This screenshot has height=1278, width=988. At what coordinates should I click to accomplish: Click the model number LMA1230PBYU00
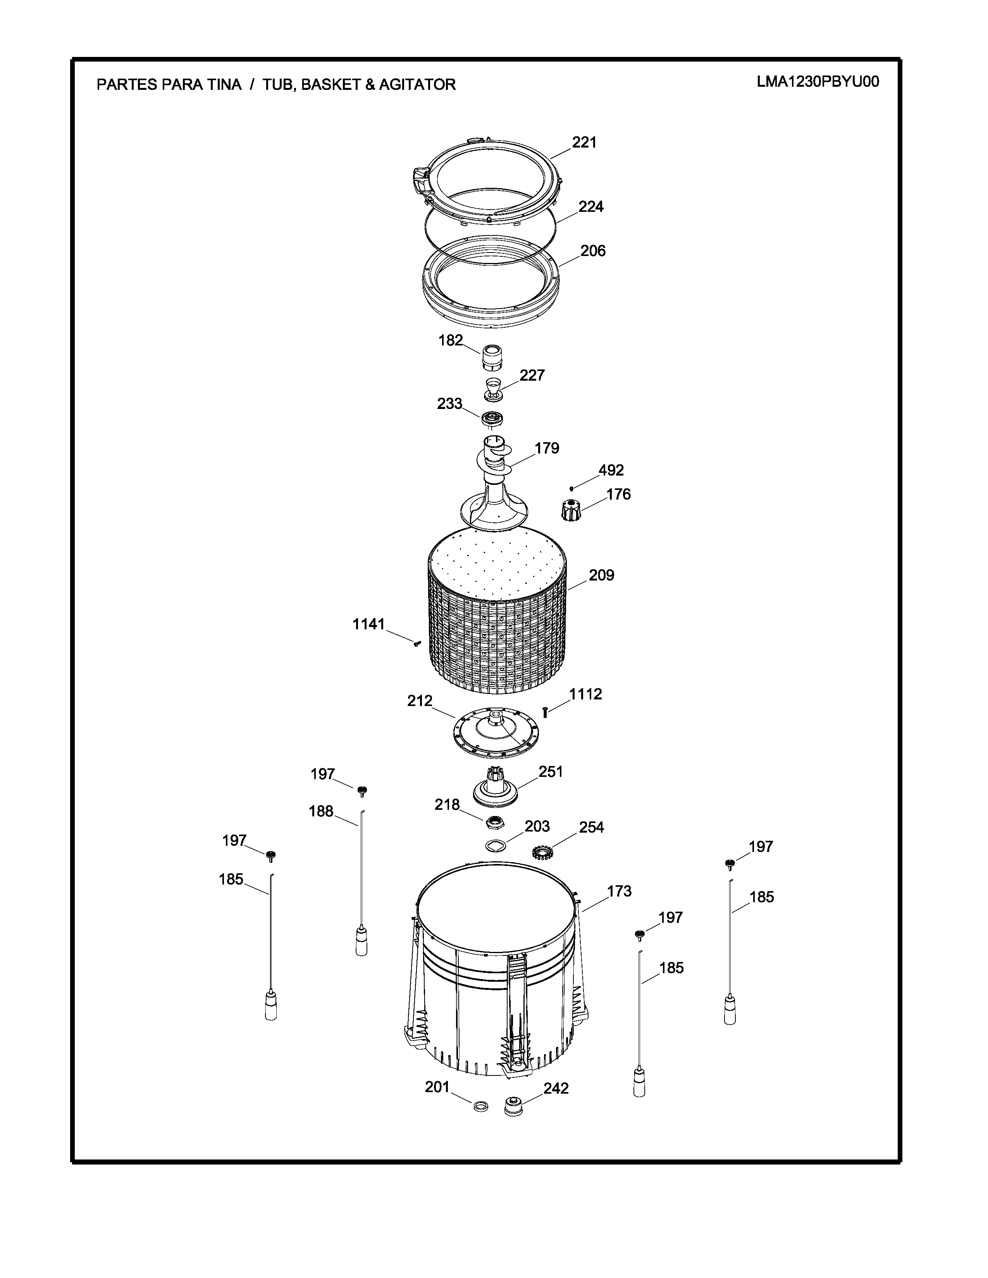pos(818,82)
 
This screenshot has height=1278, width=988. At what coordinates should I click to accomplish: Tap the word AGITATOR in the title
pos(417,85)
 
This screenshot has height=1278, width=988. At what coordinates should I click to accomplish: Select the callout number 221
pos(584,142)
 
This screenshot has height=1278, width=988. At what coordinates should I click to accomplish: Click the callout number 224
pos(591,206)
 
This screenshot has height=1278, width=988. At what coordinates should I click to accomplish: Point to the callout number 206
pos(593,251)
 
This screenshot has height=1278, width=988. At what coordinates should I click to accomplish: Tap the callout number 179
pos(547,448)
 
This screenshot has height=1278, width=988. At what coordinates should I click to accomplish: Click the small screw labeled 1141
pos(417,644)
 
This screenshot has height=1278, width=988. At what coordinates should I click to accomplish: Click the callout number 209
pos(602,575)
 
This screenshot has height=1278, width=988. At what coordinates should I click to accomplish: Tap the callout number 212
pos(420,701)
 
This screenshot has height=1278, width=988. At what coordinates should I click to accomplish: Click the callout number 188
pos(321,812)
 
